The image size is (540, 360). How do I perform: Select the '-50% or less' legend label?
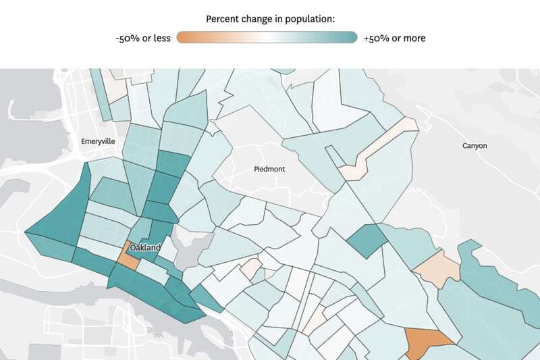(143, 38)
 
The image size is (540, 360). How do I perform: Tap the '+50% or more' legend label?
(394, 38)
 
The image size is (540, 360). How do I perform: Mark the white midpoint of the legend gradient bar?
(267, 38)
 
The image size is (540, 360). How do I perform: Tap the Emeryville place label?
(98, 141)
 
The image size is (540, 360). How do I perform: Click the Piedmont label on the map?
(269, 169)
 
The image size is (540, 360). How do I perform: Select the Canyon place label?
(474, 146)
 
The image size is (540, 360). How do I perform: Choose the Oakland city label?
(146, 248)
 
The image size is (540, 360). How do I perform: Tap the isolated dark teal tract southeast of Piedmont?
(367, 239)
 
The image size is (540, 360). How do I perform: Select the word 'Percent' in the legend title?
(222, 18)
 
